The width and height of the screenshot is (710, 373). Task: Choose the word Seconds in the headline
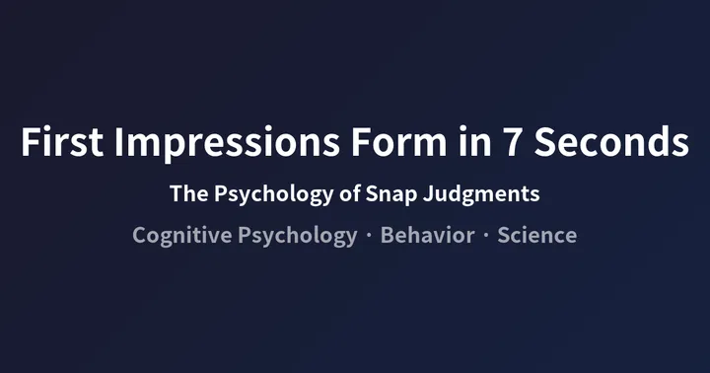point(607,143)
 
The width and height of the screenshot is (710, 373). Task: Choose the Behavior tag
point(427,236)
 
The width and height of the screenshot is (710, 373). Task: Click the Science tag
point(536,236)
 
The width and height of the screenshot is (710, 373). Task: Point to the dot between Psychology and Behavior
point(369,237)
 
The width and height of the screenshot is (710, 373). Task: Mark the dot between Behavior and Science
point(485,237)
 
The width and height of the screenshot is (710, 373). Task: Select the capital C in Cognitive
point(140,236)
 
